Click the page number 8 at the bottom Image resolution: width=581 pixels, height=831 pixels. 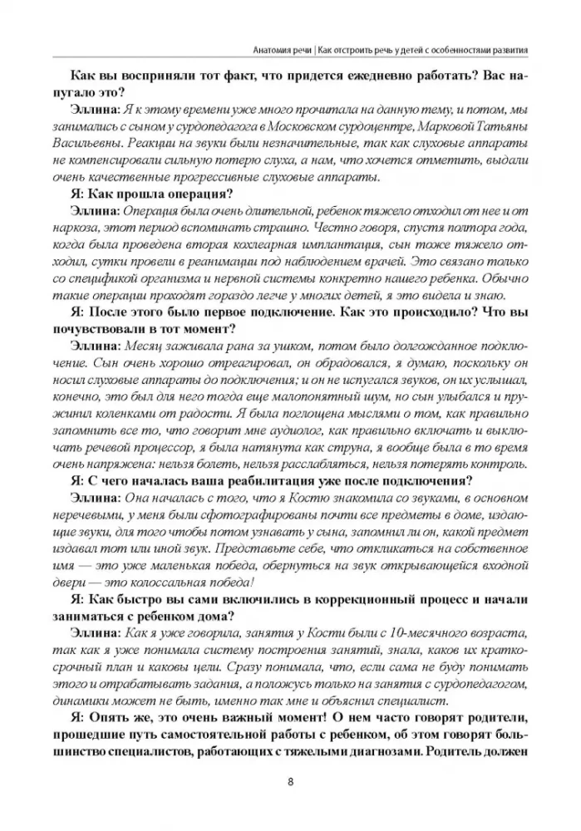click(289, 780)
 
